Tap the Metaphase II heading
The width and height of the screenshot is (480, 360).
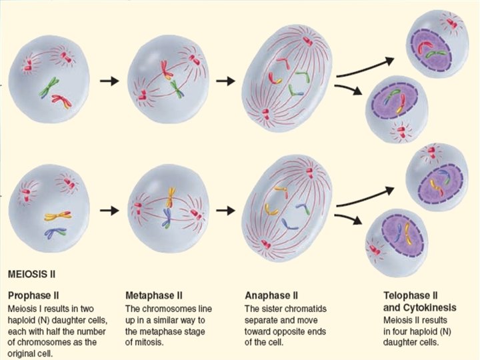[x=155, y=295]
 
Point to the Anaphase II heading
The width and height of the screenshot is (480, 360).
[x=271, y=295]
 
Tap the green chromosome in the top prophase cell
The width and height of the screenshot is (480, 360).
[x=48, y=87]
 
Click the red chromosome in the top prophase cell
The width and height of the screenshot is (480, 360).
[x=61, y=102]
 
